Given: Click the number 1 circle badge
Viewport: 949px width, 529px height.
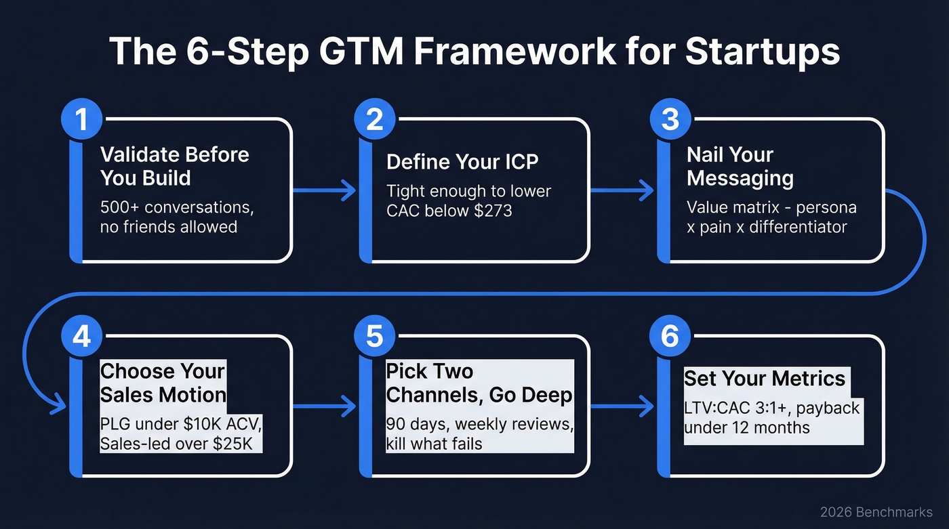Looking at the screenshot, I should [81, 120].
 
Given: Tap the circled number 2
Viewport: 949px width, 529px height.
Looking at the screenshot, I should [375, 120].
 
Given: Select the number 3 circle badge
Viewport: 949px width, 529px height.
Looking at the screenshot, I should [670, 120].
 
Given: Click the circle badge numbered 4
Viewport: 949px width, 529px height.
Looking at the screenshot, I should [81, 337].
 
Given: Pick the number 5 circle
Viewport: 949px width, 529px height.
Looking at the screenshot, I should [375, 337].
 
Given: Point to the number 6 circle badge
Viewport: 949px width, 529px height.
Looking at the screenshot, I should [670, 337].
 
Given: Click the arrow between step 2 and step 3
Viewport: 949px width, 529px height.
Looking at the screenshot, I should [621, 191].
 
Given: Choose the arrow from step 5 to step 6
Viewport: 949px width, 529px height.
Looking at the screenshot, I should [621, 406].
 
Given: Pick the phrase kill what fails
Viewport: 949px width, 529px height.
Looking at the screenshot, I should [434, 444].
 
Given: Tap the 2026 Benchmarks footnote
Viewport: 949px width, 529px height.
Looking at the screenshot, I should [876, 512].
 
